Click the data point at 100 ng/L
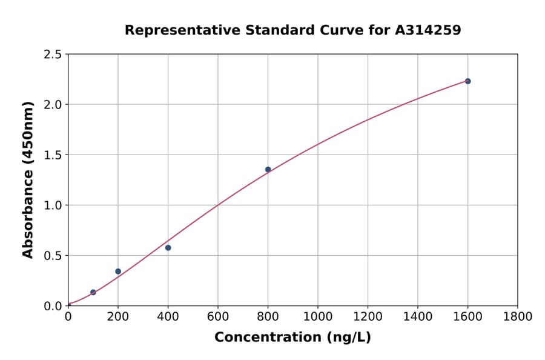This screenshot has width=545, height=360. [93, 292]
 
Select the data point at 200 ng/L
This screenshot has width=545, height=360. [118, 271]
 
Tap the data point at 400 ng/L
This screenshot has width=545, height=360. [168, 247]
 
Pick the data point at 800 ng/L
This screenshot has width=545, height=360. [268, 169]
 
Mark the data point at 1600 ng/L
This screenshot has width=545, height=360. [467, 81]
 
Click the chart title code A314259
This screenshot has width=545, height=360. [428, 30]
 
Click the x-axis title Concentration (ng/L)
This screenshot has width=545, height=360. [292, 337]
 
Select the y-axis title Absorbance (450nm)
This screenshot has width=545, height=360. [28, 179]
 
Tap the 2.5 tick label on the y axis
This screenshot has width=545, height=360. [53, 55]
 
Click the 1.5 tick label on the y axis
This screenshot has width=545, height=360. [53, 155]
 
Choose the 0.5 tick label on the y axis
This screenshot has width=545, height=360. [53, 256]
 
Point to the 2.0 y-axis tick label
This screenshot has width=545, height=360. [53, 105]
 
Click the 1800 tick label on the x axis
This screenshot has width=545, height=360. [517, 316]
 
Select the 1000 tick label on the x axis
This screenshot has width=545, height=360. [317, 316]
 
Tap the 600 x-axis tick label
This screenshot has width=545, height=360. [218, 316]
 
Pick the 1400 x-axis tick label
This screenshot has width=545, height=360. [417, 316]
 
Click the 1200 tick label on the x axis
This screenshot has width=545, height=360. [368, 316]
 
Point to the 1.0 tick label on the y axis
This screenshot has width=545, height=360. [53, 205]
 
